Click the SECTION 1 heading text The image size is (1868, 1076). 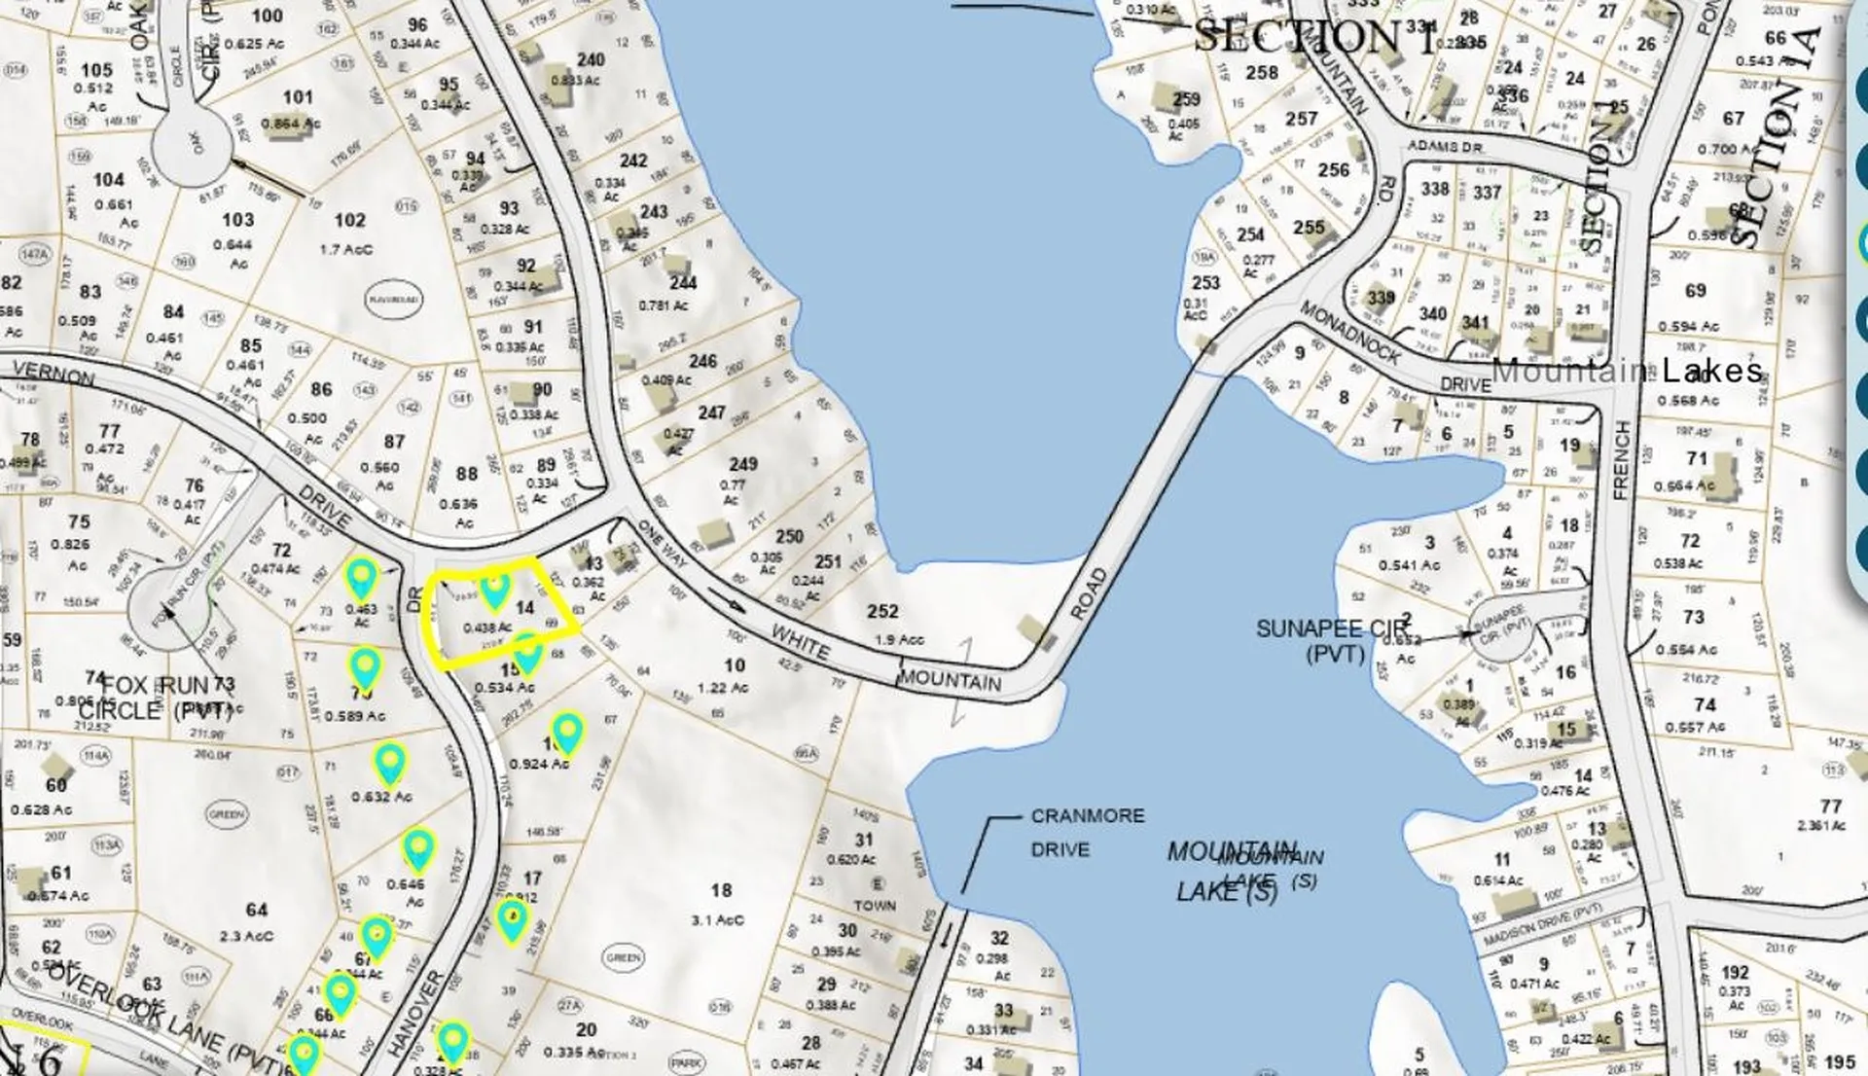pos(1313,37)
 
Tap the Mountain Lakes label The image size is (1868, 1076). pos(1627,370)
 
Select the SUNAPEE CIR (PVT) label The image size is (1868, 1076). pos(1333,639)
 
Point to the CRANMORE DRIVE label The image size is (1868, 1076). pos(1087,833)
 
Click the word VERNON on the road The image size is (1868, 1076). pos(54,374)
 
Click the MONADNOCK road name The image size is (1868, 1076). pos(1349,333)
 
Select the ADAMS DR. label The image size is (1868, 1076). pos(1445,146)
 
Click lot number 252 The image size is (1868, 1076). pos(882,611)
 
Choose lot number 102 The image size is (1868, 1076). pos(350,221)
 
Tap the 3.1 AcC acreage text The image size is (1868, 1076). pos(717,919)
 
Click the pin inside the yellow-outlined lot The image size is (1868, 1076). pos(494,588)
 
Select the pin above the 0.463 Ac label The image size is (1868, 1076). pos(362,578)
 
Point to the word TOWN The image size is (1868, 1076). pos(875,905)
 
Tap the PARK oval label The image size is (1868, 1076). pos(687,1062)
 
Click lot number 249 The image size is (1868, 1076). pos(743,464)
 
